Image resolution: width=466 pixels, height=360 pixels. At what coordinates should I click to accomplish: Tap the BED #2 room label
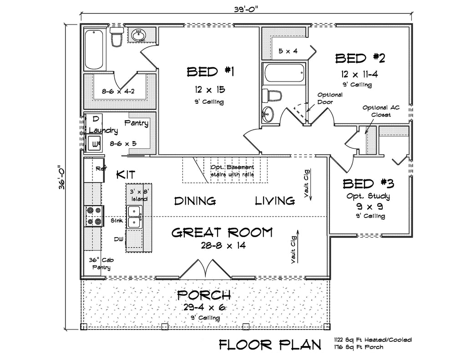[360, 58]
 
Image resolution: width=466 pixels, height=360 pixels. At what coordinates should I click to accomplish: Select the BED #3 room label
[368, 183]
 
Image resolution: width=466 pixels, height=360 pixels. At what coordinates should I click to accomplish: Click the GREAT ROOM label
[222, 233]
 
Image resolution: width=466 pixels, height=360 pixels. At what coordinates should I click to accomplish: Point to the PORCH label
[204, 294]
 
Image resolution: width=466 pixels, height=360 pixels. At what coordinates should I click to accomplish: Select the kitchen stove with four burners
[94, 216]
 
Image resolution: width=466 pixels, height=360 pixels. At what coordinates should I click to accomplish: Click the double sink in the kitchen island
[134, 216]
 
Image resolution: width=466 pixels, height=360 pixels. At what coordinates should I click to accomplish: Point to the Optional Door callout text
[330, 98]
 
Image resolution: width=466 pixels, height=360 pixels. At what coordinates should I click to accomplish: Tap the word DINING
[195, 201]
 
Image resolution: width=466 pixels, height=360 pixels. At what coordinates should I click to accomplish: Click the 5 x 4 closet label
[288, 51]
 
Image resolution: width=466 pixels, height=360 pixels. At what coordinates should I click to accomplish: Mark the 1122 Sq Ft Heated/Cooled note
[373, 340]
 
